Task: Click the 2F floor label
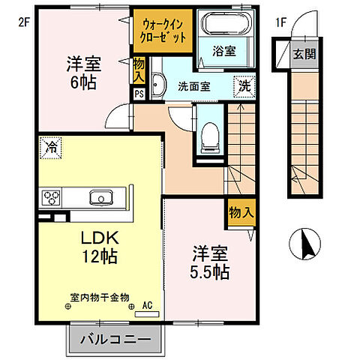tap(22, 22)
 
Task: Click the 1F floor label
tap(280, 22)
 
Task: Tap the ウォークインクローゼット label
tap(163, 28)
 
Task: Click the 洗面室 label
tap(194, 85)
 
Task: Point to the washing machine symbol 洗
tap(244, 85)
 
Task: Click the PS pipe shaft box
tap(139, 94)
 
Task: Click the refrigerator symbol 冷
tap(51, 147)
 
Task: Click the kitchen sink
tap(100, 198)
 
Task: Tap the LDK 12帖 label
tap(100, 246)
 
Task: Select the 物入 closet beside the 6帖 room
tap(139, 71)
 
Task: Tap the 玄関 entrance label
tap(305, 53)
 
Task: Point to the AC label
tap(148, 306)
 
